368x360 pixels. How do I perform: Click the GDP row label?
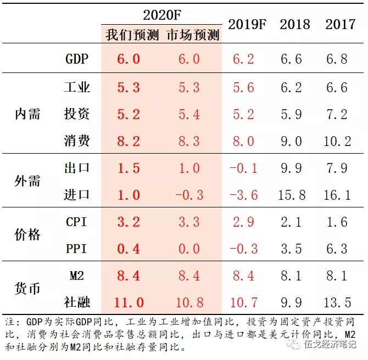coord(77,59)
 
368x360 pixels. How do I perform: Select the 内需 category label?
coord(27,114)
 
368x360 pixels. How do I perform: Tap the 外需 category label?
coord(27,181)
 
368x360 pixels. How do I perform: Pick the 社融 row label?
coord(77,302)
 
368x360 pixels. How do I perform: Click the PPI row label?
coord(77,249)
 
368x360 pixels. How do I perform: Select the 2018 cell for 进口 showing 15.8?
coord(291,195)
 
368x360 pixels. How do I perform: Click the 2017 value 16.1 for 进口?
coord(337,195)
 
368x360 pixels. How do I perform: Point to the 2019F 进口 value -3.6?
coord(243,195)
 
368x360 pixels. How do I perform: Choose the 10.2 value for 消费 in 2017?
coord(337,141)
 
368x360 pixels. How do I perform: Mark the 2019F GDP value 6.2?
coord(243,59)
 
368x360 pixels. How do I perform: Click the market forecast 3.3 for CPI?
coord(189,222)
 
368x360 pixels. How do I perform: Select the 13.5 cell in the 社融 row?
coord(337,302)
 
